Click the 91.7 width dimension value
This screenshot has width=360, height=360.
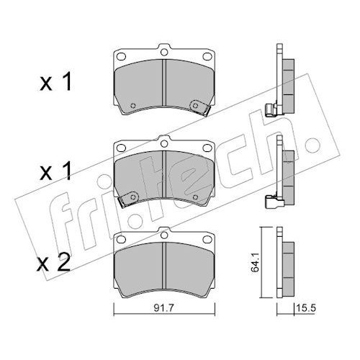tap(163, 308)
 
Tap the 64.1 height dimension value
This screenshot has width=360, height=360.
tap(255, 263)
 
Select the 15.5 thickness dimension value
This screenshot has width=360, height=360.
tap(306, 307)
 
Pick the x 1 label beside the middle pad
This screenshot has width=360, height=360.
tap(56, 171)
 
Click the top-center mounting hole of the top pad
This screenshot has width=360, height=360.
tap(164, 52)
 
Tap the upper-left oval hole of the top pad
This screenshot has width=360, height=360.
tap(121, 56)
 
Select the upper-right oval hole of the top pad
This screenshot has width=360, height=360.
tap(207, 56)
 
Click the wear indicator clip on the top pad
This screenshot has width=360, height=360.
tap(199, 107)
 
